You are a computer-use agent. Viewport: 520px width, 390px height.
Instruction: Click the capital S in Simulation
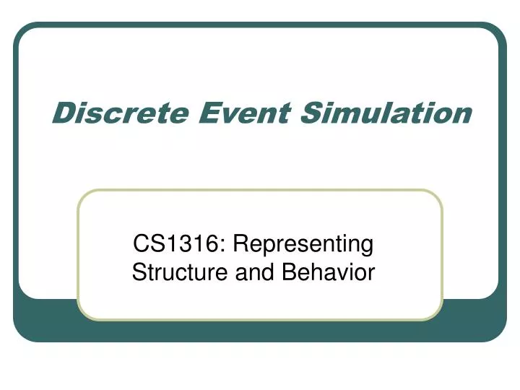(x=311, y=113)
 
